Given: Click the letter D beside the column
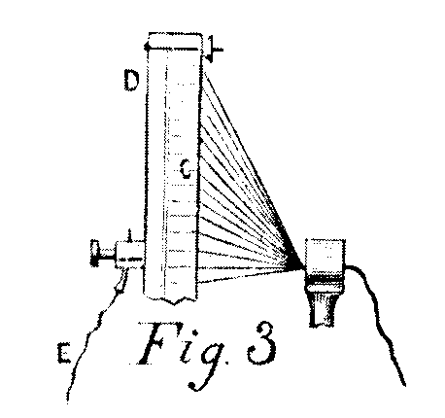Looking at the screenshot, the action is click(131, 81).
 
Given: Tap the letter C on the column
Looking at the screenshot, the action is click(186, 169).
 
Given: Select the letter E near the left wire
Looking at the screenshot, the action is click(63, 353).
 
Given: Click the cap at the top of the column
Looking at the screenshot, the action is click(174, 42).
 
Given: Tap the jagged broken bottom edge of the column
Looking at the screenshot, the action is click(171, 299).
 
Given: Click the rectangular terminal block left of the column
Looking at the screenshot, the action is click(129, 255).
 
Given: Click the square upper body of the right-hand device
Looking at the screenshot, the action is click(325, 256).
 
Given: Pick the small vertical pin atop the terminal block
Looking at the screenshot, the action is click(129, 236).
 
